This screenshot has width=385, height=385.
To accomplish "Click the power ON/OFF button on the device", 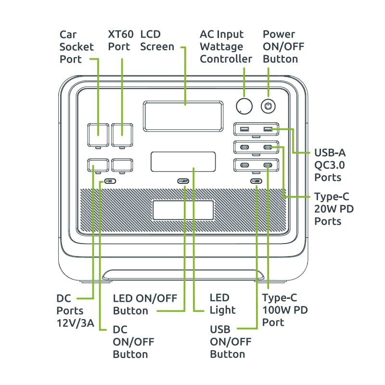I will coord(268,106).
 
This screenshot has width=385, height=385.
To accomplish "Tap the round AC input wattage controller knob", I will coord(244,106).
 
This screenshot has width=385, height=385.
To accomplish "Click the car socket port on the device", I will coord(98,134).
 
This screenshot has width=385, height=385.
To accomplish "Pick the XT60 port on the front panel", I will coord(122,134).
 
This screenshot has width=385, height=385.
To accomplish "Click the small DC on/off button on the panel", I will coord(110,181).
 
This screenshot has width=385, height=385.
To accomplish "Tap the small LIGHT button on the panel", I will coord(183,181).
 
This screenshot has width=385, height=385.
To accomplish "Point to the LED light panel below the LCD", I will coord(183,162).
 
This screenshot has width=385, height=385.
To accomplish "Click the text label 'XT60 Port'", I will coord(119,40).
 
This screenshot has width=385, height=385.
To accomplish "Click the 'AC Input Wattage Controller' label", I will coord(226,47).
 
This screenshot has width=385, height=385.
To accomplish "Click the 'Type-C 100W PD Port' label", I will coord(285,310).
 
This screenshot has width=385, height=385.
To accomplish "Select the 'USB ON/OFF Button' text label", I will coord(231,342).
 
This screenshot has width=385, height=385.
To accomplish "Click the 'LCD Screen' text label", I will coord(157,40).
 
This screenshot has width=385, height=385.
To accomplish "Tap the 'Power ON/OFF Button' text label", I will coord(283,47).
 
